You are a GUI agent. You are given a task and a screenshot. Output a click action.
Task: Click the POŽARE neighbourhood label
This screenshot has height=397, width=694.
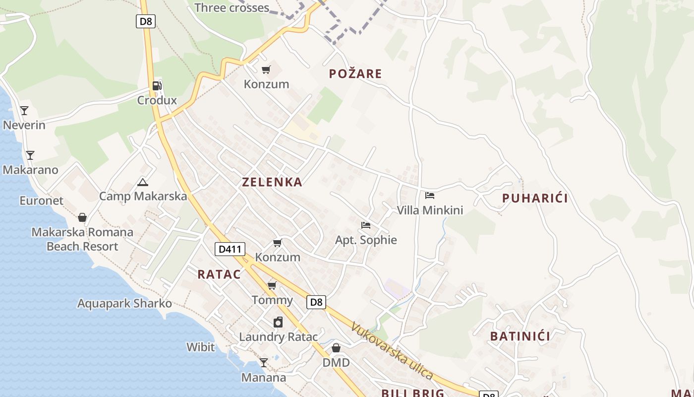coord(355,74)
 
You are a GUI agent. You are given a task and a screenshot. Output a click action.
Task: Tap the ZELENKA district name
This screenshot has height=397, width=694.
coord(272,182)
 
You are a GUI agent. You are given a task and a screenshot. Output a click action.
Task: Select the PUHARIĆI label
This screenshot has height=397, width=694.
coord(535,198)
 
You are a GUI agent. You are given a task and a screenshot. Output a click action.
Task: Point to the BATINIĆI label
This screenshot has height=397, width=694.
coord(520,336)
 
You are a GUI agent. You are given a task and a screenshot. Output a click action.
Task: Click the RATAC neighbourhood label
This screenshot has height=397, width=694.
coord(219,274)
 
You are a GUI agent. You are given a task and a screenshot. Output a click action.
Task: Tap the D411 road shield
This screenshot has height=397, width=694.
coord(230,249)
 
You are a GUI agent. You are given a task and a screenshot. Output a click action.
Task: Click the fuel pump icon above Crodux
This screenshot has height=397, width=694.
coord(157,85)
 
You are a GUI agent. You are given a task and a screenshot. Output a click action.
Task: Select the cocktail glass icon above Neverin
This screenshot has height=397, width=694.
coord(24,110)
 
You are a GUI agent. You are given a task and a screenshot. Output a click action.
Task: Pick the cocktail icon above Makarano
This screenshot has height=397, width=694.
coord(30,155)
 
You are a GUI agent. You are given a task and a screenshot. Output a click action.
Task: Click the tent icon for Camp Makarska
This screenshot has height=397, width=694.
coord(143,182)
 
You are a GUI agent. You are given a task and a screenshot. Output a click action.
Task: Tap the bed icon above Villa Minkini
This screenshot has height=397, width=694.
coord(430,196)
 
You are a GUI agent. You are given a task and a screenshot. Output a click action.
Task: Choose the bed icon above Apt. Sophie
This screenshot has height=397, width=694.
coord(366,225)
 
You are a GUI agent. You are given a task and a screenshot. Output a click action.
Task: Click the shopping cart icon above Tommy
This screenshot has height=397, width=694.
coord(272,285)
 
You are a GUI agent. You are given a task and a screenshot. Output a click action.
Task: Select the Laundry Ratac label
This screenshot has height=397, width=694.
coord(278,337)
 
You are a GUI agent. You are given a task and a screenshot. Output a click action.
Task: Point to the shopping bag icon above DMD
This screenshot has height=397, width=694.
coord(336,348)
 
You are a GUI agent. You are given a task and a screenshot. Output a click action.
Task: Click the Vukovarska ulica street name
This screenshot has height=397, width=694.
coord(392,351)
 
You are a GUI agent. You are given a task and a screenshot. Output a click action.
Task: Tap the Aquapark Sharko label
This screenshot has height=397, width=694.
coord(124,303)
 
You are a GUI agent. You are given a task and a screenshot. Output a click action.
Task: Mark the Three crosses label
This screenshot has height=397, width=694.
coord(231,8)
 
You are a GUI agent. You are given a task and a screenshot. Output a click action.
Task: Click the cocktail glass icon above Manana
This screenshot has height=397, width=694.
coord(264,363)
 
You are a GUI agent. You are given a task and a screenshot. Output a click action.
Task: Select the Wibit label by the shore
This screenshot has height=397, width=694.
coord(201,347)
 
